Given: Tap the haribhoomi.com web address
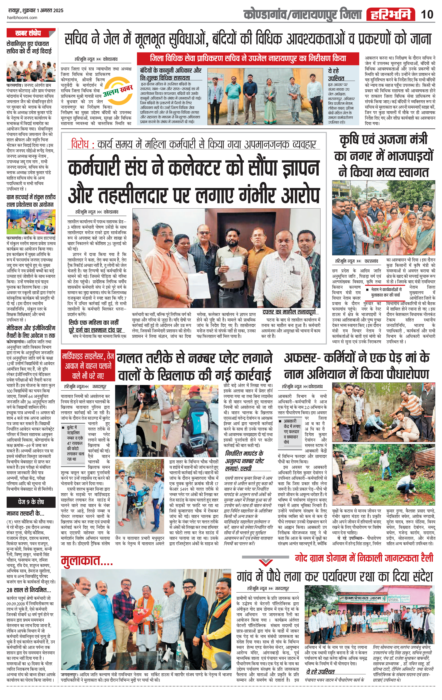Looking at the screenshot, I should coord(22,17).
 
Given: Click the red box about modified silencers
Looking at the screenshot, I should coord(88,366).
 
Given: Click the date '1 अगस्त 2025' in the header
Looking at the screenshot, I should coord(51,11).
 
